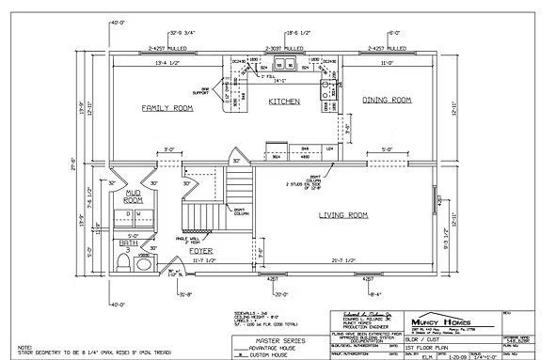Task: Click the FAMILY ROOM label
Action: tap(167, 109)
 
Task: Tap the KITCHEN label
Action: tap(283, 101)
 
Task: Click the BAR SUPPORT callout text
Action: tap(227, 92)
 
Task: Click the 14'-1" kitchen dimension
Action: tap(281, 81)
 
